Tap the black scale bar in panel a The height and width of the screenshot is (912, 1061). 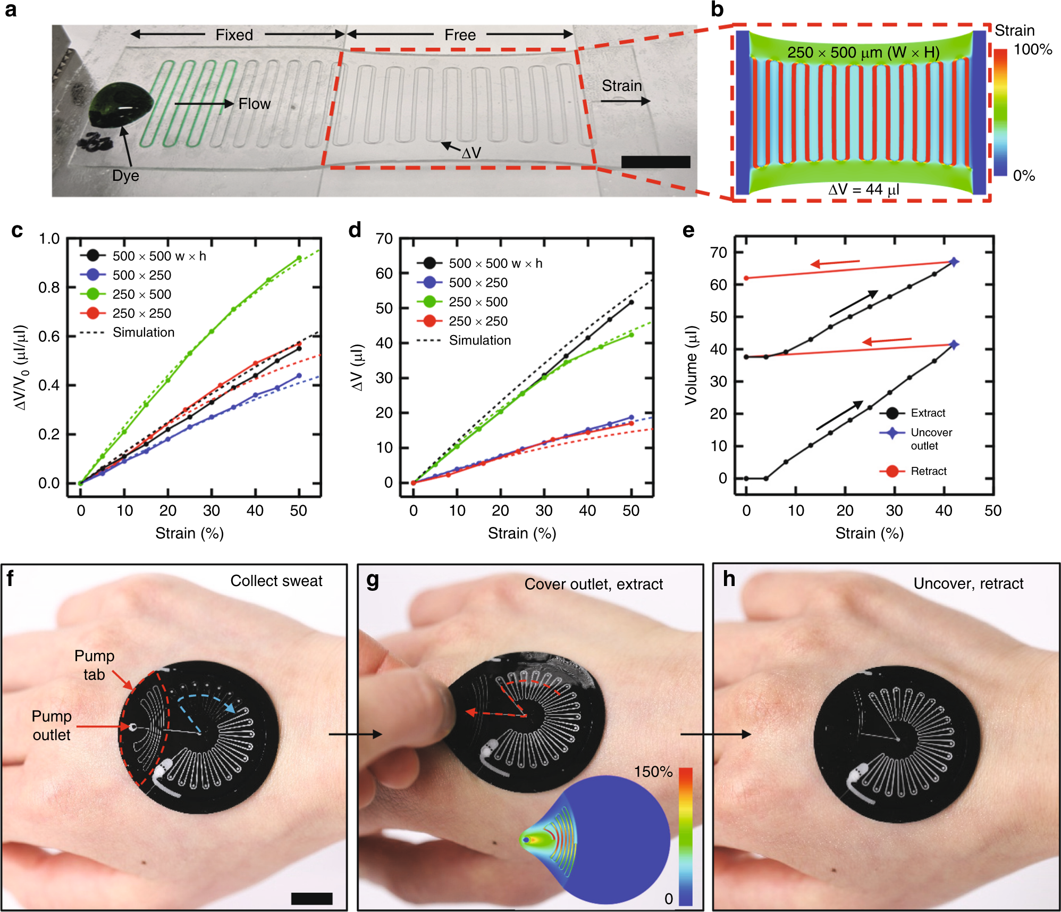point(655,162)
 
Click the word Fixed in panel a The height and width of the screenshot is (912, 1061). point(234,35)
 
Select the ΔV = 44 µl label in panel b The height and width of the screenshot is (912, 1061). point(863,189)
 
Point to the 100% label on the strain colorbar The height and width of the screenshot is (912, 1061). point(1032,50)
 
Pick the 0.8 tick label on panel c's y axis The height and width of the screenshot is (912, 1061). point(49,288)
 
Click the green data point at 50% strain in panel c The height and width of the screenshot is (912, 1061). point(299,258)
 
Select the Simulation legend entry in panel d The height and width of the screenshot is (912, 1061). point(479,340)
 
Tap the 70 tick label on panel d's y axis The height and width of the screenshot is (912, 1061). point(384,239)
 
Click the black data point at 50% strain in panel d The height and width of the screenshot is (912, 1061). point(631,303)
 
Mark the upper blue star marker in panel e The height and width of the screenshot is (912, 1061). point(954,262)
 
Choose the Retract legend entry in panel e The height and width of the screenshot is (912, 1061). point(928,471)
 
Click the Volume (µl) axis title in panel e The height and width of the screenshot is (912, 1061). point(691,365)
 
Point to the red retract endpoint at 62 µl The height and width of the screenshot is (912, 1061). point(746,278)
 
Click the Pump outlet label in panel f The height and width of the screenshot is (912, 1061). point(52,725)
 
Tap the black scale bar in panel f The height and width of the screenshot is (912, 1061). point(311,898)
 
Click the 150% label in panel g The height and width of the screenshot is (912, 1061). point(653,772)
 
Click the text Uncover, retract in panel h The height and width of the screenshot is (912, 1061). point(968,584)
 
